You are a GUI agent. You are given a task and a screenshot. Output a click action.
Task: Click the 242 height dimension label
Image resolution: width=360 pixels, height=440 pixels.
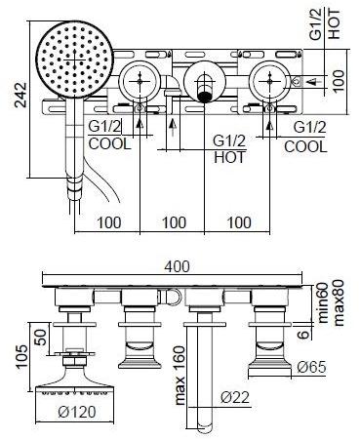[21, 95]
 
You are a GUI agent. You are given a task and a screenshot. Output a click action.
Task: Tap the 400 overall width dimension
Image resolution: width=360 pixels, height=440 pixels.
[177, 266]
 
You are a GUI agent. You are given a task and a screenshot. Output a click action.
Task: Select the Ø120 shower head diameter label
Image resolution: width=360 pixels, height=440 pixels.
[77, 412]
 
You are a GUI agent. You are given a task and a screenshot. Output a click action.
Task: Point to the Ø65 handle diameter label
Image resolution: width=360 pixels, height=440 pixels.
[311, 367]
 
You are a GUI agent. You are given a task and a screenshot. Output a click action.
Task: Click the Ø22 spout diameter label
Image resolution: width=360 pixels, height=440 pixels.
[235, 397]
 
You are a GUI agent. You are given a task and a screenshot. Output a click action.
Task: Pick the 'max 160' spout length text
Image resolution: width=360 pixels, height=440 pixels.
[180, 376]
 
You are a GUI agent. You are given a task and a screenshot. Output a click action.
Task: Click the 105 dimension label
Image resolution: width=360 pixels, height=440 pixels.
[22, 357]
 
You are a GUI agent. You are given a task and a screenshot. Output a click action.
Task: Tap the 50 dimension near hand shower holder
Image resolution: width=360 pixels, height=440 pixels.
[42, 338]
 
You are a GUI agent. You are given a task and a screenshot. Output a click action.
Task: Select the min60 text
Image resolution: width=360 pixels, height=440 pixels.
[324, 302]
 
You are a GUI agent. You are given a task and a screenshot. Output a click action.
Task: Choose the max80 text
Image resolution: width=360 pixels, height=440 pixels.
[339, 302]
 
